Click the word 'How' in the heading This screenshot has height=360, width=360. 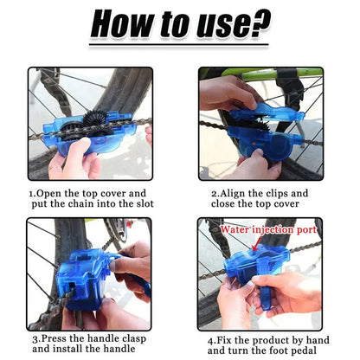[x=125, y=24]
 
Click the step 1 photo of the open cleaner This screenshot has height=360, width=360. [x=89, y=123]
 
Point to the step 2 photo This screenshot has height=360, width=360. [x=260, y=123]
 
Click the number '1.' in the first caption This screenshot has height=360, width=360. [x=32, y=194]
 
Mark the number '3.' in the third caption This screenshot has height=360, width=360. [x=32, y=339]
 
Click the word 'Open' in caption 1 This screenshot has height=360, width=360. [x=49, y=194]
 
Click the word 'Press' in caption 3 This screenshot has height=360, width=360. [x=52, y=339]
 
